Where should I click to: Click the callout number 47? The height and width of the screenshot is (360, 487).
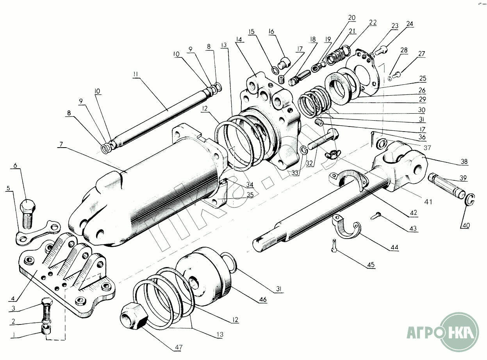[178, 347]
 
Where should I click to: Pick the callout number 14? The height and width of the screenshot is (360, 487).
[239, 39]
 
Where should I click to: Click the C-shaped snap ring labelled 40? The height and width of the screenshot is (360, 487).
[471, 200]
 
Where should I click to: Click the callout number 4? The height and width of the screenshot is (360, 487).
[13, 299]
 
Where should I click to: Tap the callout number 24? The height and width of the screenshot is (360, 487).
[409, 24]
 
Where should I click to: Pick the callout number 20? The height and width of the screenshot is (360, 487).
[352, 18]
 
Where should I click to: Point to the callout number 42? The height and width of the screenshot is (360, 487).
[413, 213]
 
